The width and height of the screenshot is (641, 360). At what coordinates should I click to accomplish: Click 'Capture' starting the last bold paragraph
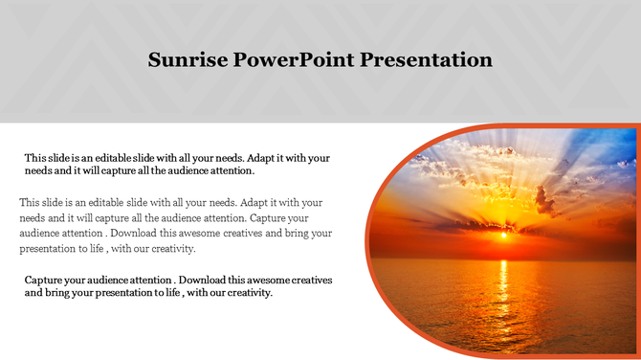pyautogui.click(x=44, y=280)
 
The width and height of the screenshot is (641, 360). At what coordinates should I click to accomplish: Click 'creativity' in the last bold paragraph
pyautogui.click(x=248, y=293)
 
